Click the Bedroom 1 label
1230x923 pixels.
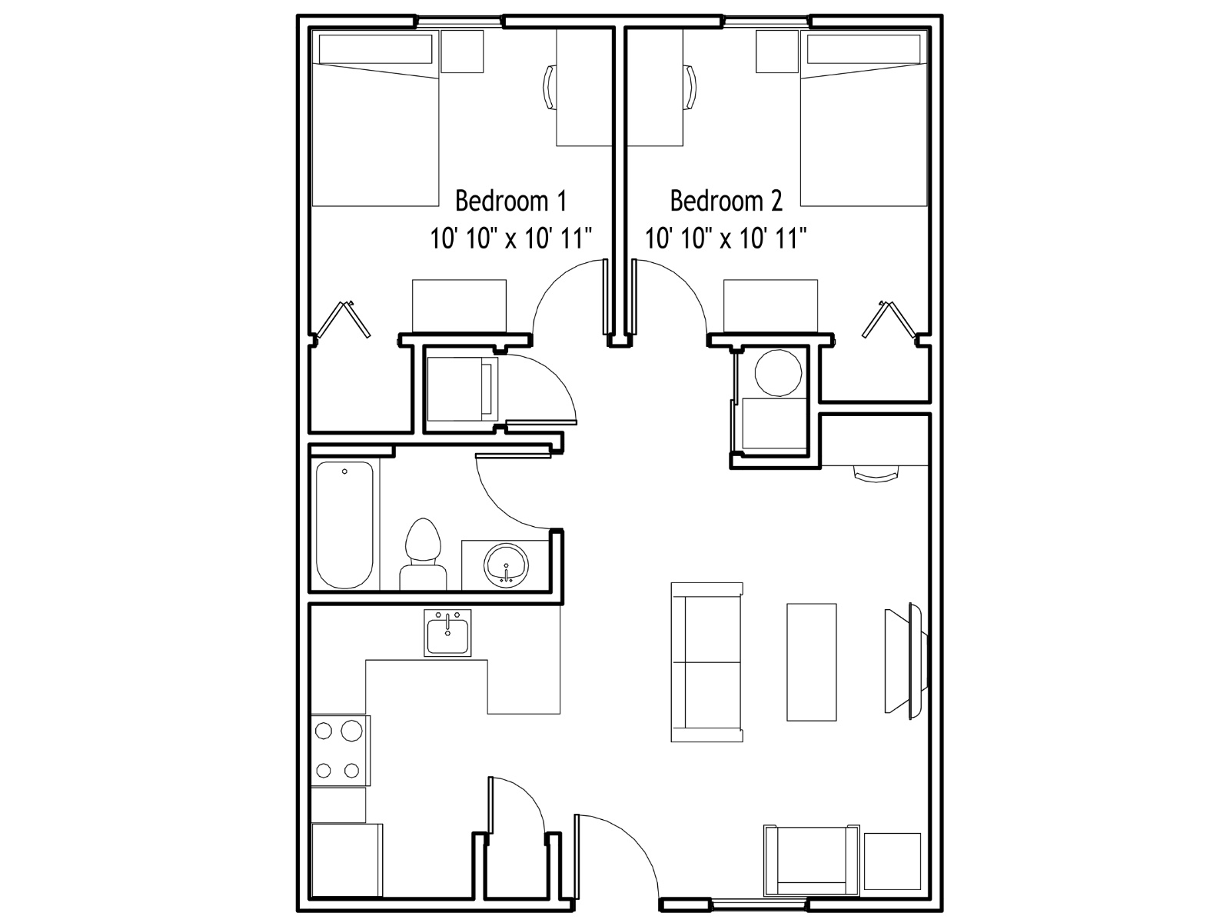(x=510, y=202)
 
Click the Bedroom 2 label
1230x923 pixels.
(x=726, y=202)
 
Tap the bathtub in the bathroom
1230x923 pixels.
(x=344, y=525)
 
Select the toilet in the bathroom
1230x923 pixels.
(x=423, y=554)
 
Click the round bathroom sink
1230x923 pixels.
(x=506, y=565)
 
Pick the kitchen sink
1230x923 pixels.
(x=447, y=633)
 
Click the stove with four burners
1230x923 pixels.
(x=340, y=751)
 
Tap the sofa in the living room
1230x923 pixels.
(x=707, y=661)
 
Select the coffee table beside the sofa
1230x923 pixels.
(x=811, y=661)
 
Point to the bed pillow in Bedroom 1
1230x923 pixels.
(x=375, y=49)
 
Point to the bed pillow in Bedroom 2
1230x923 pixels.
(x=863, y=49)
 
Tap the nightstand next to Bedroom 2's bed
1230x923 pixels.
(x=777, y=51)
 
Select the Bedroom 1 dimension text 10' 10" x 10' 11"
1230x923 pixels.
(x=510, y=238)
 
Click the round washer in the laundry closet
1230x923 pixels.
(x=778, y=373)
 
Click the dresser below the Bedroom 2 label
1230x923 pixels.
(x=770, y=306)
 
